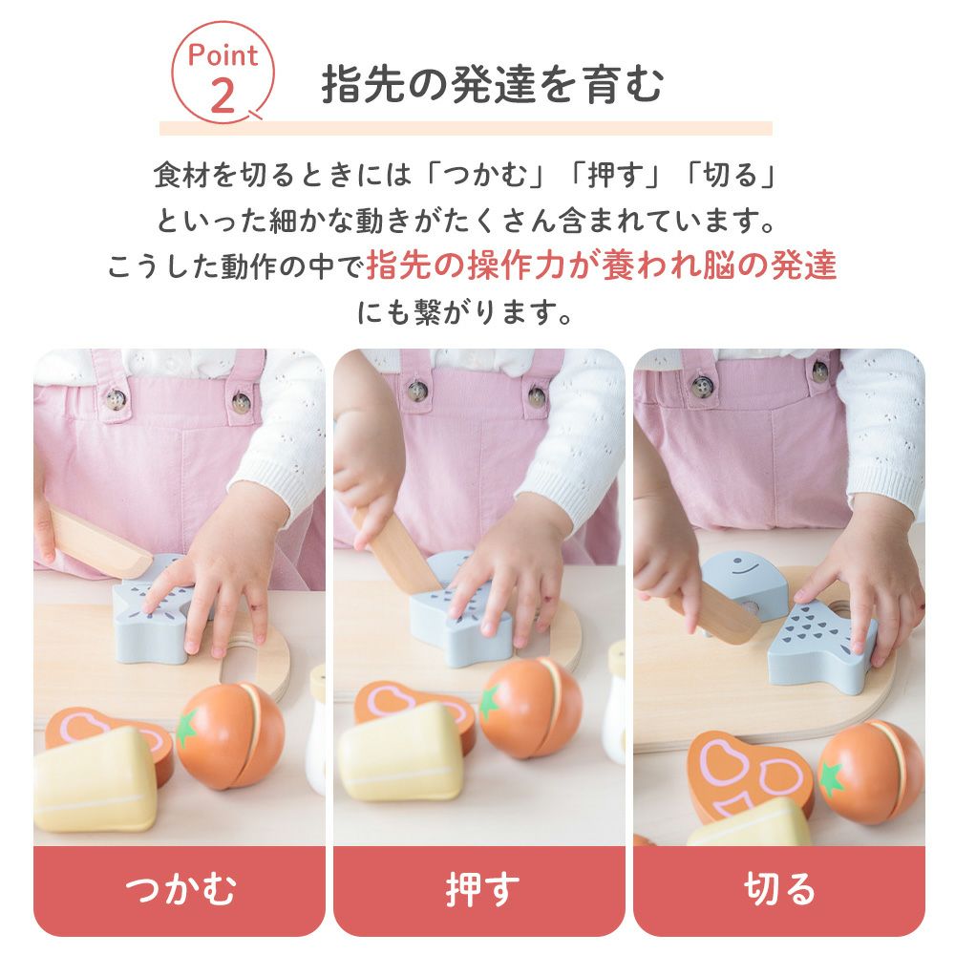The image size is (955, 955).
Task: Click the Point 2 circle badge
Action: point(223,73)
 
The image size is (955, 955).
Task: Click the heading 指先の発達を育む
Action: point(492,84)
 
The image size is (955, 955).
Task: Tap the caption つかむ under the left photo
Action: point(180,888)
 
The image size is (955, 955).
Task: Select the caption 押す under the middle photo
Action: point(481,888)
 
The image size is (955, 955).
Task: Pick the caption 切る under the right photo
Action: point(779,888)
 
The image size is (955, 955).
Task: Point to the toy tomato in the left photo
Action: point(230,735)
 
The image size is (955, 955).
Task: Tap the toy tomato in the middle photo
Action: point(530,708)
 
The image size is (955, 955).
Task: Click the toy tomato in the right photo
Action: point(871,772)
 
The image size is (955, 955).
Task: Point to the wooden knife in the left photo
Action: point(99,543)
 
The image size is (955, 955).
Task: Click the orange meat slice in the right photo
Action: point(751,774)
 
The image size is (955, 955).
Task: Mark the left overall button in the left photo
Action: point(115,399)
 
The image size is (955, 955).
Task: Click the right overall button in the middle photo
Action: point(537,396)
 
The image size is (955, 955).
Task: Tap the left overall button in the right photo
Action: point(703,385)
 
